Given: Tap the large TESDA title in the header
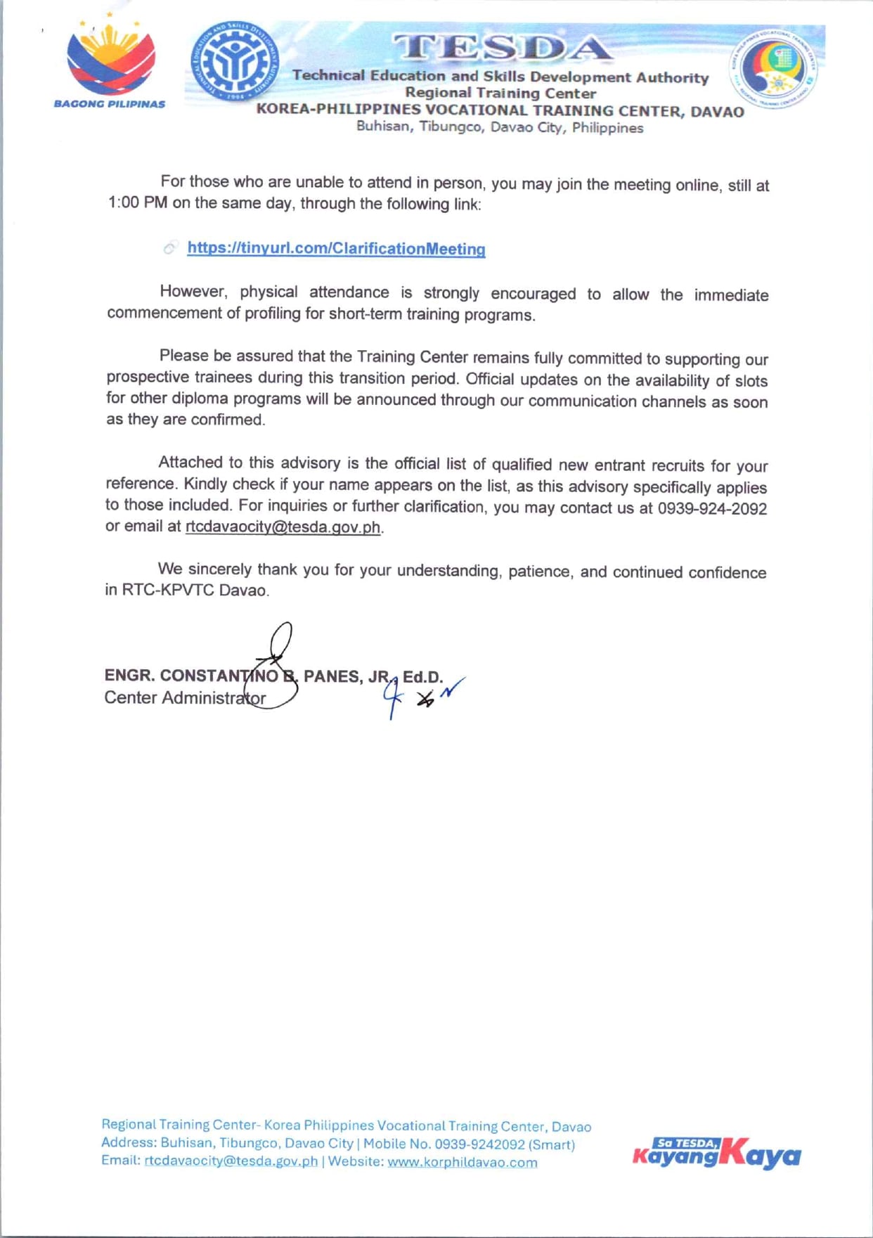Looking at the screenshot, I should coord(501,48).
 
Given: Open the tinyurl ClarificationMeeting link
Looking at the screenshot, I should coord(336,248).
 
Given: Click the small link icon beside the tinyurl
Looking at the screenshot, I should coord(170,247).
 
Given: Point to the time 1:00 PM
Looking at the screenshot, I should coord(138,203).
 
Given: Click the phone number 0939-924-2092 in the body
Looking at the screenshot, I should coord(711,508).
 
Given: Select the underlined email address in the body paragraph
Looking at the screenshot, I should coord(283,527).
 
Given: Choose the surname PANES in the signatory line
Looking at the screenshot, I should coord(332,676).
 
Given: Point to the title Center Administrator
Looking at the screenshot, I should coord(185,698).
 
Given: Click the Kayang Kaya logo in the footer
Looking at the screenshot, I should coord(716,1154).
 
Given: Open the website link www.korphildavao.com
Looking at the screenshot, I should coord(462,1162).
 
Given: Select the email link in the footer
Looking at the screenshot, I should coord(231,1161).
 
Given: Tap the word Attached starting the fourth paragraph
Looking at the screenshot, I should coord(190,462).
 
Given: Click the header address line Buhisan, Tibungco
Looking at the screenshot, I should coord(499,127).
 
